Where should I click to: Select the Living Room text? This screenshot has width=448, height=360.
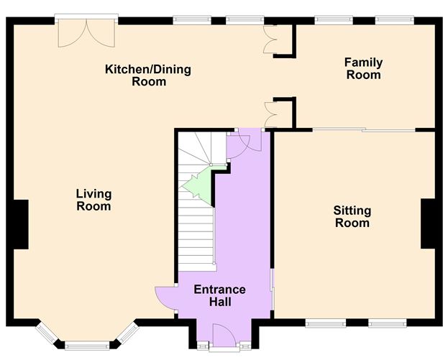click(x=94, y=200)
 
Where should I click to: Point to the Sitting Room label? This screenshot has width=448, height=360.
click(x=352, y=216)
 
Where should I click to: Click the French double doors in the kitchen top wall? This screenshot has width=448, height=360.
click(x=86, y=32)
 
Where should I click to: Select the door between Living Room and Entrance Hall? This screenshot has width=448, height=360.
click(x=165, y=297)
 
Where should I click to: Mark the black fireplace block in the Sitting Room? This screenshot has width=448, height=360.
click(x=429, y=223)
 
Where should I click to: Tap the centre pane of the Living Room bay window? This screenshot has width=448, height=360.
click(x=86, y=344)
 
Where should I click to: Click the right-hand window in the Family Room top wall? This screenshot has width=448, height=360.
click(x=394, y=20)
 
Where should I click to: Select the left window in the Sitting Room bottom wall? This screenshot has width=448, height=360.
click(x=320, y=323)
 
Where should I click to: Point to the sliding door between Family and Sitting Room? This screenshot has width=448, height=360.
click(x=363, y=130)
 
